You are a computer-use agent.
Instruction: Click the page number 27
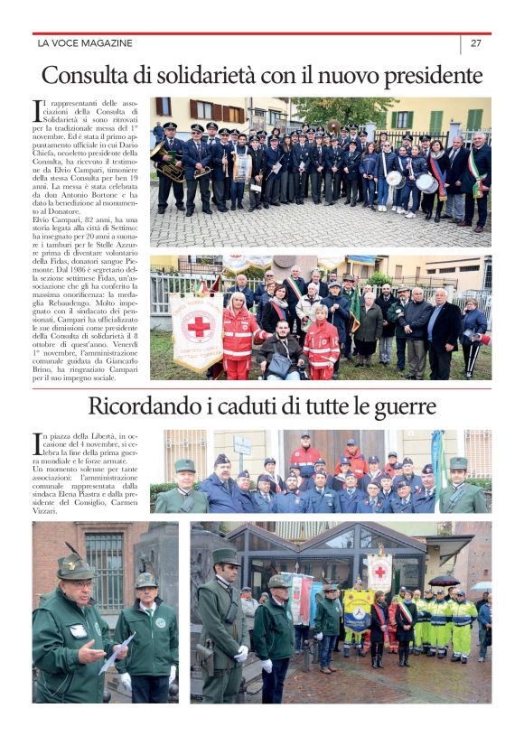475,43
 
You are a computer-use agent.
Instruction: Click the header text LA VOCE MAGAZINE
85,43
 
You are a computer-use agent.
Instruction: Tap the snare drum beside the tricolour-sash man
426,183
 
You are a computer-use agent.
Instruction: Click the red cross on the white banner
196,326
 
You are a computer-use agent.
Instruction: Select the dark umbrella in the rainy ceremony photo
444,581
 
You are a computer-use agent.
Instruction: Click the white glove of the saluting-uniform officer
241,652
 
